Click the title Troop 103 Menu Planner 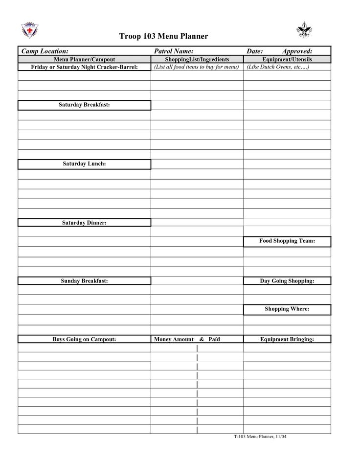pos(164,36)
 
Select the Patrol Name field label pos(174,51)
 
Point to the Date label pos(255,51)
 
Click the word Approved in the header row pos(297,51)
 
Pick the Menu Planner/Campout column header pos(84,59)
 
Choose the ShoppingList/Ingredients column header pos(197,59)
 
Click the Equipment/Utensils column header pos(287,59)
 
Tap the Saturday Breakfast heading pos(84,105)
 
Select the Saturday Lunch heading pos(84,163)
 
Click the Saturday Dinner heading pos(84,223)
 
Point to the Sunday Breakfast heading pos(84,280)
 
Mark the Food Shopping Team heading pos(287,241)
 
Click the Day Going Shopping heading pos(287,280)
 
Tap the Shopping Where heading pos(287,309)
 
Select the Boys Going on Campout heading pos(84,339)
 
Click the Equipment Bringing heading pos(287,339)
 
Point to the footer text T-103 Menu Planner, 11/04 pos(260,436)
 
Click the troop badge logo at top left pos(30,30)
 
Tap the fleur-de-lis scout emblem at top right pos(304,30)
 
